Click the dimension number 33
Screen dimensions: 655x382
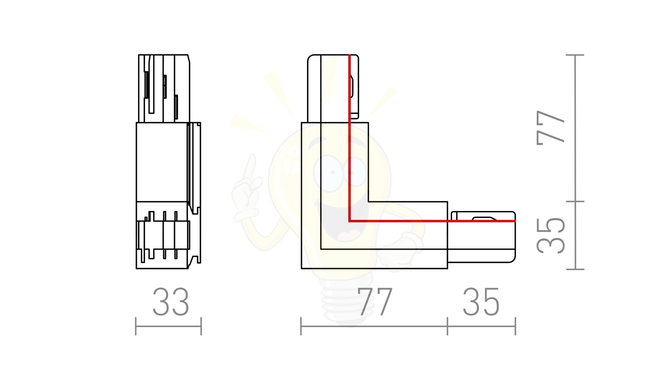click(171, 302)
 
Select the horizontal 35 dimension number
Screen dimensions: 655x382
click(481, 302)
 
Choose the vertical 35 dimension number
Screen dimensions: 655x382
click(551, 236)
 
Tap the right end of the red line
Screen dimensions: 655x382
click(515, 221)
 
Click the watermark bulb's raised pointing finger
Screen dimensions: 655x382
click(252, 167)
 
